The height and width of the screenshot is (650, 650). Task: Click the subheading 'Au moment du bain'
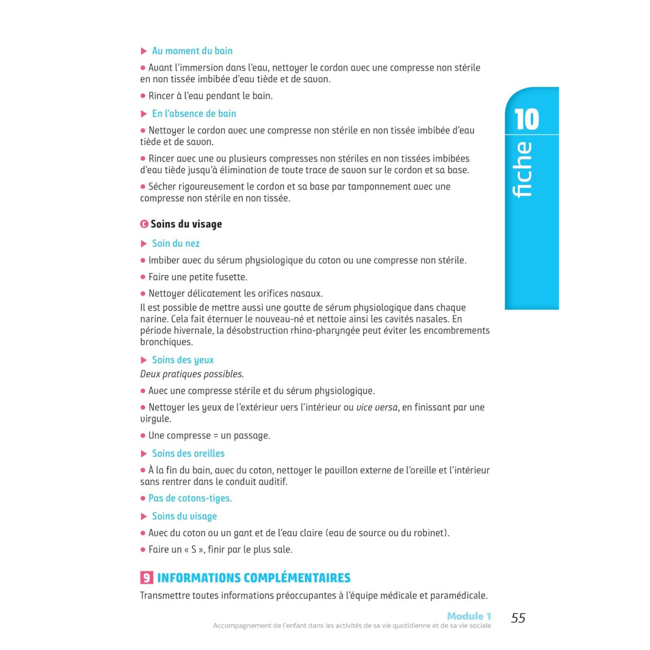pyautogui.click(x=192, y=51)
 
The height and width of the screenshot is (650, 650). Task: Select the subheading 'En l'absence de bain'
pyautogui.click(x=194, y=114)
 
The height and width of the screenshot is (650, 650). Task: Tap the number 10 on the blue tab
pyautogui.click(x=526, y=120)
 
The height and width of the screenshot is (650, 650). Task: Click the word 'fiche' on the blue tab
pyautogui.click(x=523, y=170)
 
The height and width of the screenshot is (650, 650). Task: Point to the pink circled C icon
pyautogui.click(x=144, y=224)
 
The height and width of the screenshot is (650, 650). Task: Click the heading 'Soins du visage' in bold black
pyautogui.click(x=186, y=224)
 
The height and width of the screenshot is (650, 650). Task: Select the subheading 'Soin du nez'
pyautogui.click(x=175, y=244)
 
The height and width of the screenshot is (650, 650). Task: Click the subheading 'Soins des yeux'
pyautogui.click(x=183, y=360)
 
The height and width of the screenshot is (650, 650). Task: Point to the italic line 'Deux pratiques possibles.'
pyautogui.click(x=192, y=374)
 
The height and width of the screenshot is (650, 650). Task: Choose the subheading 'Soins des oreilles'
pyautogui.click(x=188, y=454)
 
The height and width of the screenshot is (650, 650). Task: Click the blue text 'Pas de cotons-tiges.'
pyautogui.click(x=190, y=498)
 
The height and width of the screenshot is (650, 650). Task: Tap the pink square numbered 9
pyautogui.click(x=146, y=578)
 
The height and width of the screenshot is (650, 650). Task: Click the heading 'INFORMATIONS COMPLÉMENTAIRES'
pyautogui.click(x=253, y=578)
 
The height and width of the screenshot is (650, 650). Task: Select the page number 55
pyautogui.click(x=518, y=618)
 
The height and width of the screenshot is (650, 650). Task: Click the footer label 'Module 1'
pyautogui.click(x=469, y=616)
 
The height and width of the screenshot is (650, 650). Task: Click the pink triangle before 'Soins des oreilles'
pyautogui.click(x=144, y=454)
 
